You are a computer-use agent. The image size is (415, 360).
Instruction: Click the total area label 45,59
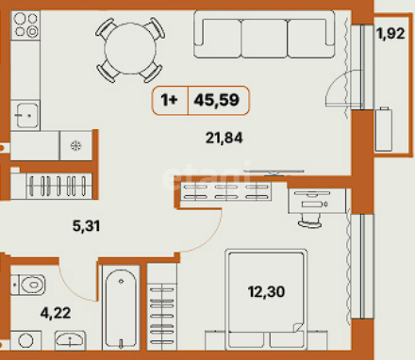pos(217,100)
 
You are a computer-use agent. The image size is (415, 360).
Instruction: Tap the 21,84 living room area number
pos(224,138)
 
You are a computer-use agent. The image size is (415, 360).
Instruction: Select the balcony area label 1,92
pos(390,33)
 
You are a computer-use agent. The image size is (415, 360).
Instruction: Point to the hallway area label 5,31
pos(86,225)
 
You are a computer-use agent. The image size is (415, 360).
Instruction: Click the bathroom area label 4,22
pos(56,313)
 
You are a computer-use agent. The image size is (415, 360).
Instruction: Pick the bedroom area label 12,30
pos(266,291)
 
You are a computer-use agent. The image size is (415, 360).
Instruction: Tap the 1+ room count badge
pos(170,100)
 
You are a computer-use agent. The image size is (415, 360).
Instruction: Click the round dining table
pos(130,49)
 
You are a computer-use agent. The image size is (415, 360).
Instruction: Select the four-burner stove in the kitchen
pos(25,25)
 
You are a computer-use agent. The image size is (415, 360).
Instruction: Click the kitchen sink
pos(25,115)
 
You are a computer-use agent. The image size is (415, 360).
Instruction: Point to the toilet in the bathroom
pos(28,285)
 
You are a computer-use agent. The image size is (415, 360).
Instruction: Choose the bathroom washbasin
pos(70,340)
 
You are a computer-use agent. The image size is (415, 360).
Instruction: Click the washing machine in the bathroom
pos(25,340)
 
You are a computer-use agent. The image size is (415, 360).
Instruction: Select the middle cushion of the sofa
pos(264,39)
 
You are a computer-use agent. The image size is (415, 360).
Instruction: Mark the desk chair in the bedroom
pos(309,221)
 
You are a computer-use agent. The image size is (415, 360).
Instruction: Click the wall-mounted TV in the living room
pos(274,172)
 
